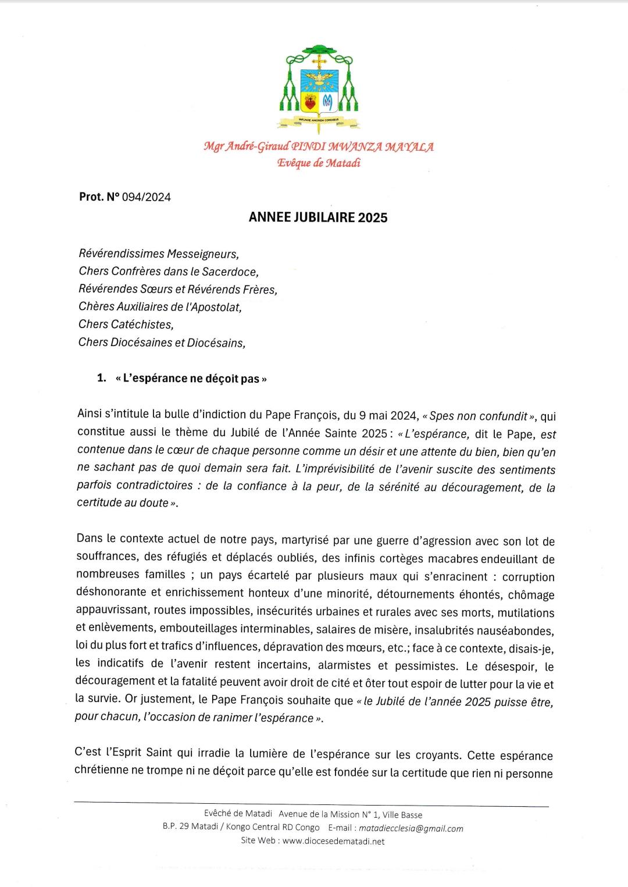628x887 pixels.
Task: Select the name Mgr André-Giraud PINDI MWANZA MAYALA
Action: pos(319,147)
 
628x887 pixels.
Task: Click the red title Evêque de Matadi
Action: pos(319,163)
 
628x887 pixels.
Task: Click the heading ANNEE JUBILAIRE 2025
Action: pos(318,218)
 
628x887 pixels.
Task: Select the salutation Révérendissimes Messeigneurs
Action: pos(159,254)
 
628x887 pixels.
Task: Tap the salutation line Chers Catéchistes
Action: pos(126,324)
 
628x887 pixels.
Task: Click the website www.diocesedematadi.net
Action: pos(334,841)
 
